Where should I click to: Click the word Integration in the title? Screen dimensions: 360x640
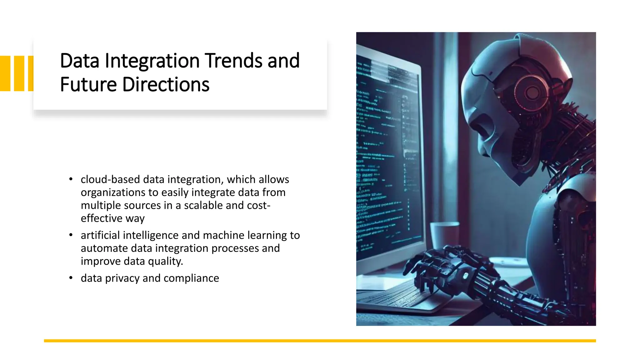tap(152, 61)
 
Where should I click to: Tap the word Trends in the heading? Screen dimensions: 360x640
tap(234, 61)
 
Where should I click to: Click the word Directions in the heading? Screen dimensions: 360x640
tap(166, 85)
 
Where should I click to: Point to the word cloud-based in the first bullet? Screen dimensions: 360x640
tap(110, 179)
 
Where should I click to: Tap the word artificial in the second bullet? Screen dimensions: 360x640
tap(100, 235)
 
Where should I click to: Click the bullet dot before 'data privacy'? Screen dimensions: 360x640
tap(71, 278)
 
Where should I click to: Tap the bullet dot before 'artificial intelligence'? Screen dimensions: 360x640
tap(71, 235)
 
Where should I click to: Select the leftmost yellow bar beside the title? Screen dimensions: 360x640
tap(5, 73)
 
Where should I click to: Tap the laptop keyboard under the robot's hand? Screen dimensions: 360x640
tap(394, 297)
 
